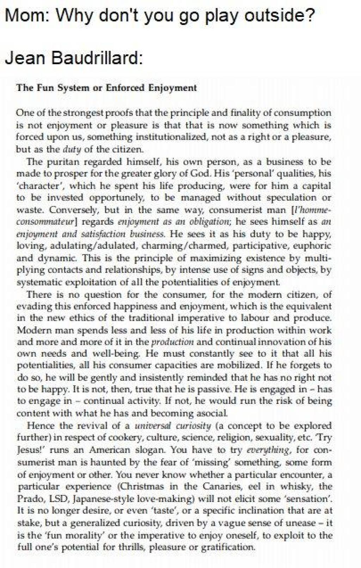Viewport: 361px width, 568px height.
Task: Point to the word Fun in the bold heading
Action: click(x=43, y=87)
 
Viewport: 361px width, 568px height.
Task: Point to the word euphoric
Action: click(x=312, y=246)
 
